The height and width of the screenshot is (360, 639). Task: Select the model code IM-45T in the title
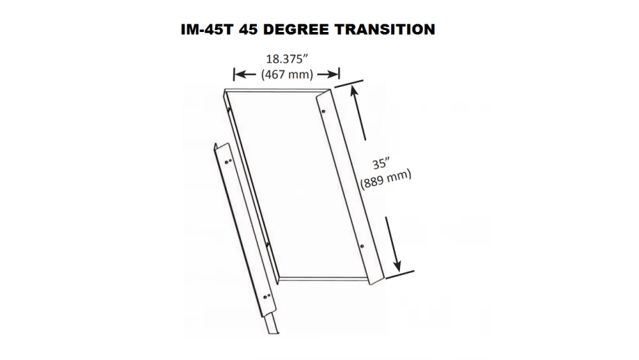(208, 29)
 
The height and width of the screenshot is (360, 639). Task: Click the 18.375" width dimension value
(287, 59)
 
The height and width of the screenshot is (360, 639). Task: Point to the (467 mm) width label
(287, 74)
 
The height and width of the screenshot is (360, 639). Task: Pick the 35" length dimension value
(381, 164)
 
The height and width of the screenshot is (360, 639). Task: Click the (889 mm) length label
(385, 179)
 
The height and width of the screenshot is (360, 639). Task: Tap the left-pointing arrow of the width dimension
(245, 74)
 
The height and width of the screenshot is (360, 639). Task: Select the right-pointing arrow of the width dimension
(327, 74)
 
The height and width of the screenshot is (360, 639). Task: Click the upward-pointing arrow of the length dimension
(358, 113)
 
